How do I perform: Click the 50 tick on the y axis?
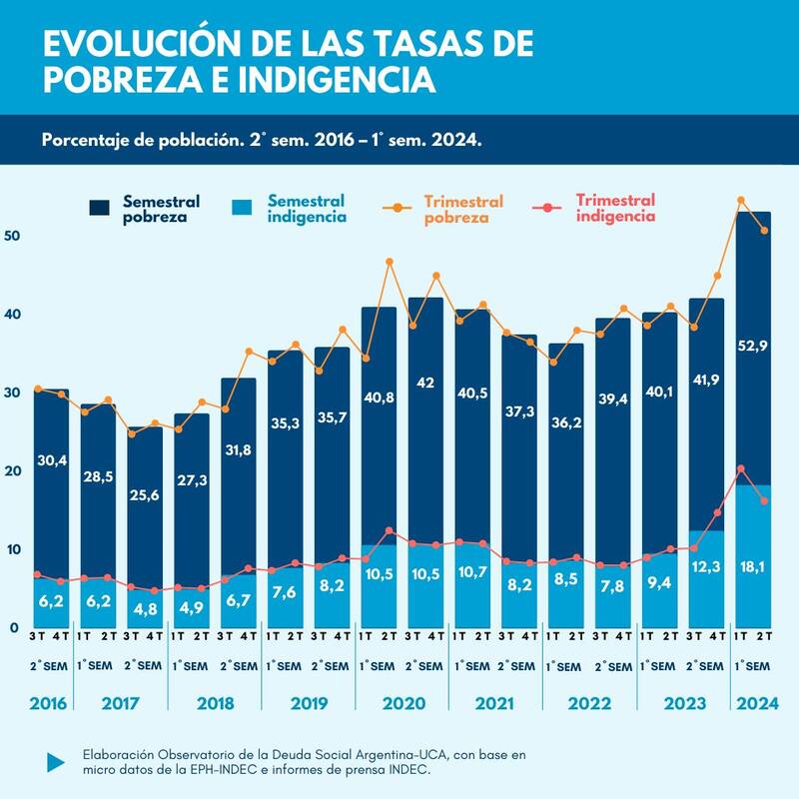tap(12, 236)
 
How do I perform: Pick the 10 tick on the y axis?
tap(12, 549)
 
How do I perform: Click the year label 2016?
tap(47, 704)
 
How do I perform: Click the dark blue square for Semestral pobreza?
tap(100, 208)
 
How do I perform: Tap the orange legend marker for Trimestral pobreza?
tap(399, 208)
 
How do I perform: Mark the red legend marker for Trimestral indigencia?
tap(548, 208)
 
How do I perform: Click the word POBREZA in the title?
tap(109, 78)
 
